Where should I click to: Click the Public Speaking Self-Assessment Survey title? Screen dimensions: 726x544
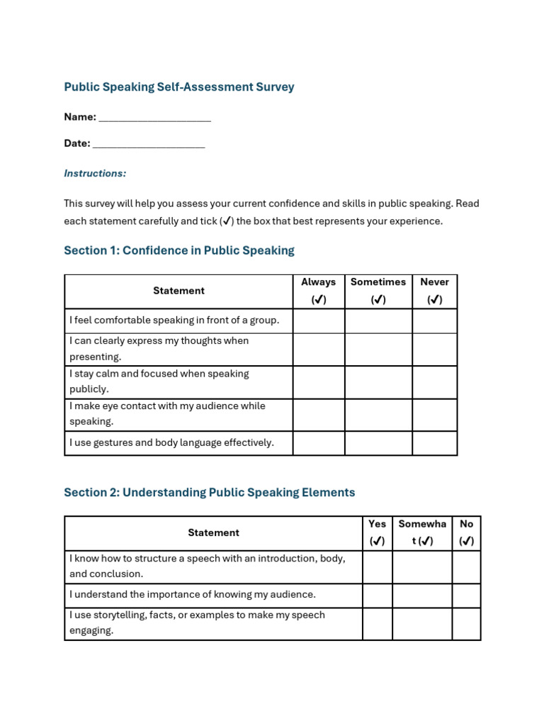(178, 87)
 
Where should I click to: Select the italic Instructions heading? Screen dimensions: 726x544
(95, 173)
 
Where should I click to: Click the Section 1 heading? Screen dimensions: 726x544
(178, 250)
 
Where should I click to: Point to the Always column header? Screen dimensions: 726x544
(319, 291)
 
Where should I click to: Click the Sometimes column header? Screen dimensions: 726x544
(378, 291)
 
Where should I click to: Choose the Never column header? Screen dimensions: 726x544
(434, 291)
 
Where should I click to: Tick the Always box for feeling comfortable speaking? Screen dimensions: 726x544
(319, 320)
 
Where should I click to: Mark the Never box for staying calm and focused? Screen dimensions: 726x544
(434, 382)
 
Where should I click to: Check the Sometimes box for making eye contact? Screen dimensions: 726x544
(378, 414)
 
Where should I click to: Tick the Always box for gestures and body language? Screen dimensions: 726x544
(319, 443)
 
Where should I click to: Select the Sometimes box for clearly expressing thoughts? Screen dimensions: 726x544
(378, 350)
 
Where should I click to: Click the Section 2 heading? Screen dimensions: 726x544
(209, 492)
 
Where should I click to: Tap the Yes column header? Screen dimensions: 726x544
(378, 532)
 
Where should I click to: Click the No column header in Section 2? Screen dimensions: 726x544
(466, 532)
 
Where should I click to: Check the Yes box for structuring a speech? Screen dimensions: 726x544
(378, 566)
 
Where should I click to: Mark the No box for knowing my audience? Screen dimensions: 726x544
(466, 595)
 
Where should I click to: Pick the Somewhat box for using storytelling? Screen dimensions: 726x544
(422, 623)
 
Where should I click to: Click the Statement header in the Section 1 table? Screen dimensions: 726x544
(178, 291)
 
